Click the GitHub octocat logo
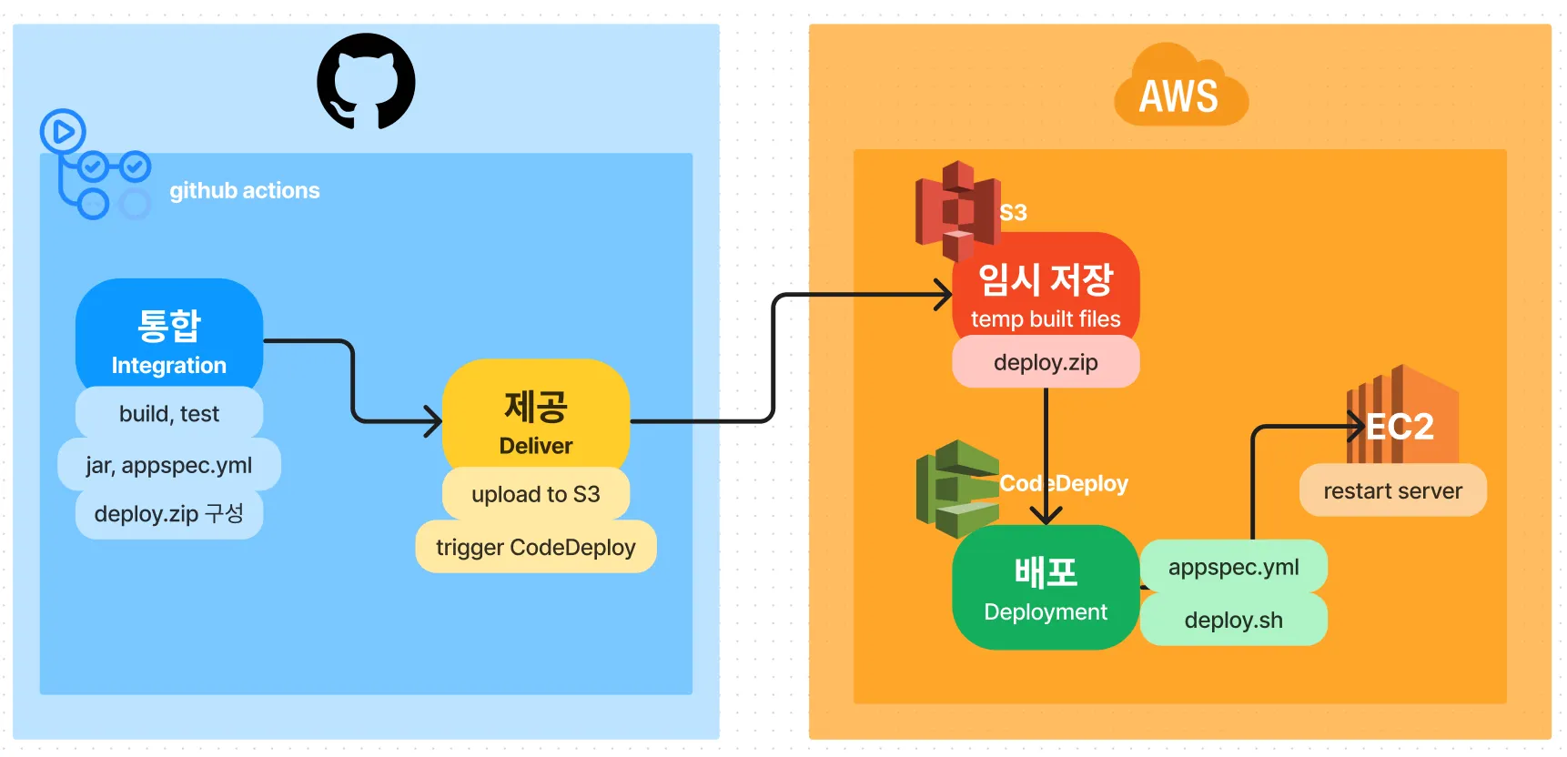coord(366,81)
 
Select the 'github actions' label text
coord(244,191)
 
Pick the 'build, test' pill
coord(169,414)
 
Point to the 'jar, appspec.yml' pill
coord(169,465)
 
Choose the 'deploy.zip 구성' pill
coord(169,514)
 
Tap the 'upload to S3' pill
coord(536,495)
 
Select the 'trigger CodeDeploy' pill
coord(536,548)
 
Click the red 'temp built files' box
coord(1046,288)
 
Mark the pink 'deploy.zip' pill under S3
coord(1046,363)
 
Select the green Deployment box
coord(1046,588)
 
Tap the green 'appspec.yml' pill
coord(1234,568)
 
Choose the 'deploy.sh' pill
coord(1234,621)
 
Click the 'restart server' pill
coord(1392,491)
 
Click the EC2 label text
coord(1401,427)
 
